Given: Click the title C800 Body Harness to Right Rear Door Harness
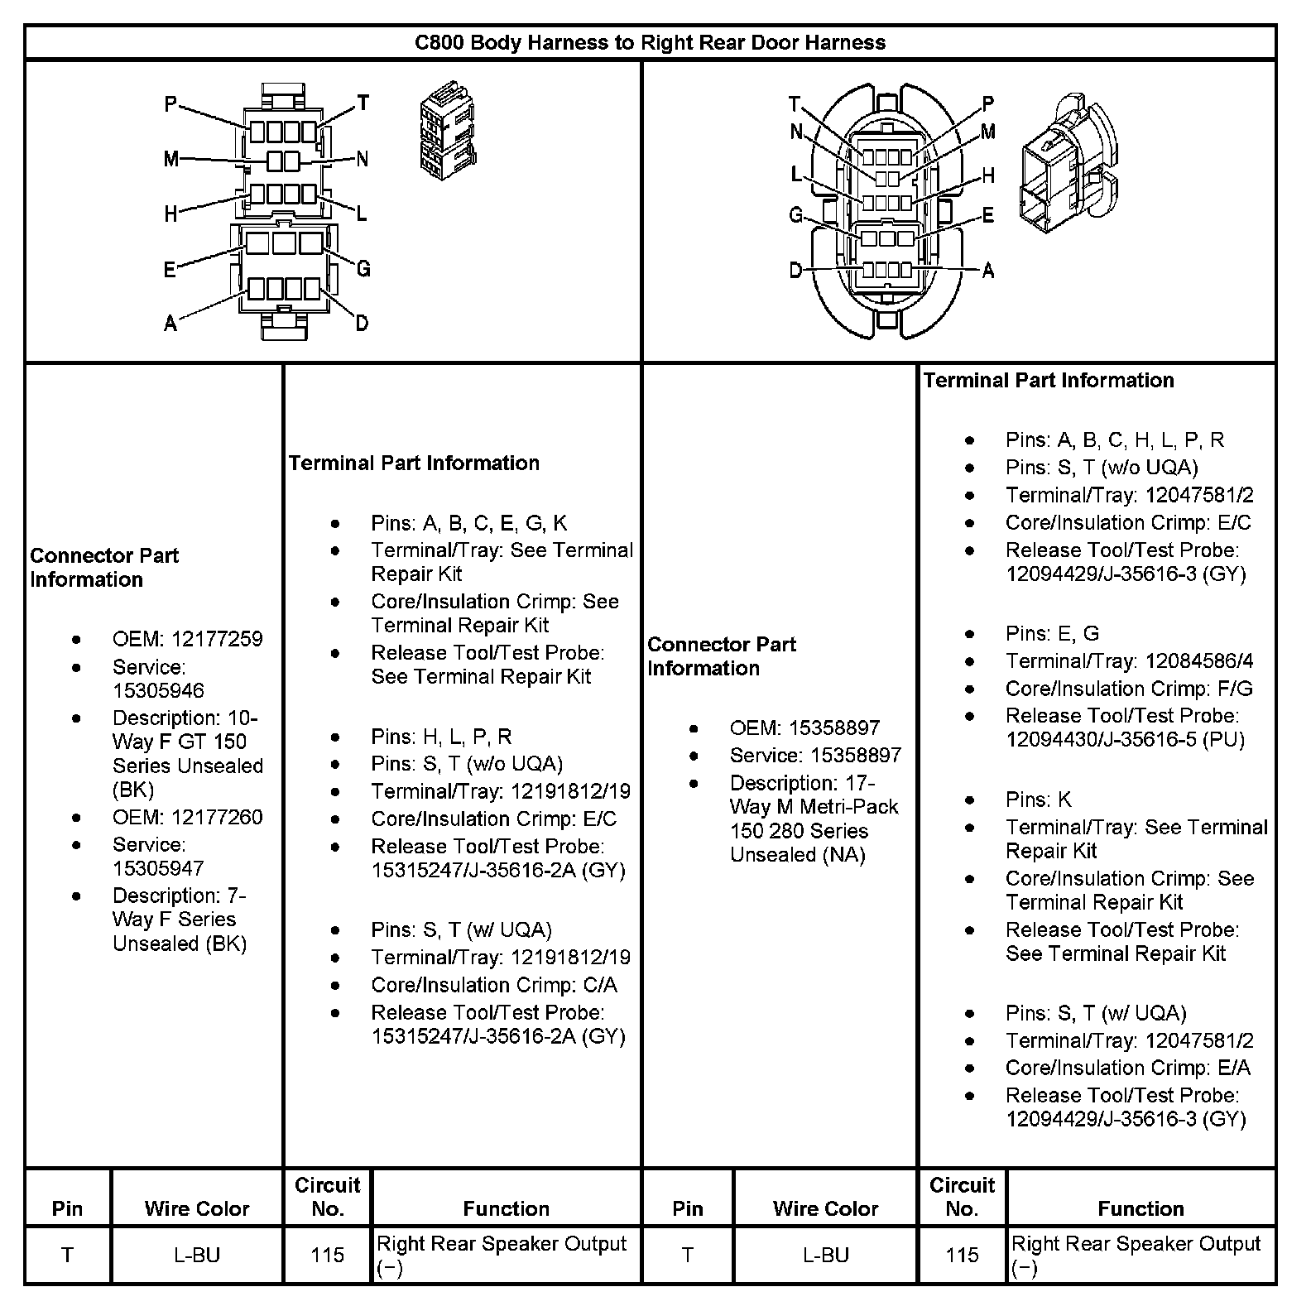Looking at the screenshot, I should tap(650, 42).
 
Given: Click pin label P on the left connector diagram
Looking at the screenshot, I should tap(170, 104).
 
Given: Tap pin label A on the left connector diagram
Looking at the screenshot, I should tap(170, 324).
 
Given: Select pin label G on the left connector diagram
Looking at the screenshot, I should tap(363, 268).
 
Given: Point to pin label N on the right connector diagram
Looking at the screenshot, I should tap(796, 132).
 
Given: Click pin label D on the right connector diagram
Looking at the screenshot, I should tap(795, 271).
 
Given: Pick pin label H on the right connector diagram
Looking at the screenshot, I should tap(988, 175).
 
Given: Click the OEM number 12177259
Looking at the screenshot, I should tap(217, 639).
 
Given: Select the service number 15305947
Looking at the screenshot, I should tap(158, 868).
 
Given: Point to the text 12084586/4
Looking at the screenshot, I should tap(1199, 661).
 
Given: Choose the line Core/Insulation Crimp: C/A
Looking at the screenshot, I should tap(493, 985).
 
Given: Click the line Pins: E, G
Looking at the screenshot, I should tap(1052, 634).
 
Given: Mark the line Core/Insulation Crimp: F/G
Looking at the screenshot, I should tap(1129, 689).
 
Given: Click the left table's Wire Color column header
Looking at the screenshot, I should tap(197, 1208).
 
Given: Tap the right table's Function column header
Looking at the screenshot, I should tap(1141, 1208).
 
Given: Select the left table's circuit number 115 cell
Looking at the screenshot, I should tap(328, 1255).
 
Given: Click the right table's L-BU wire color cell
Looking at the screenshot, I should tap(825, 1255).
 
